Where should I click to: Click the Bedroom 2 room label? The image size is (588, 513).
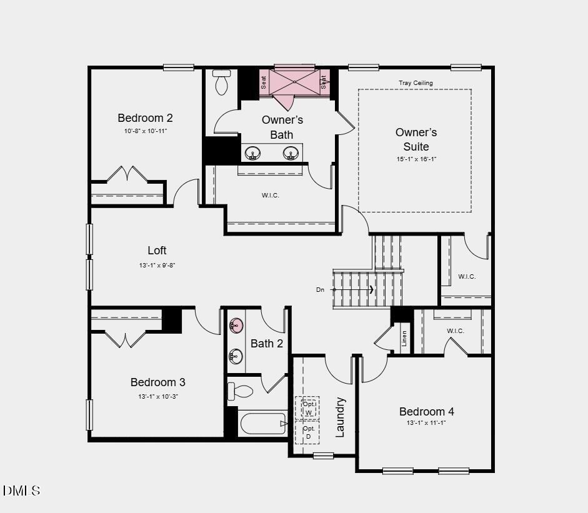coord(145,118)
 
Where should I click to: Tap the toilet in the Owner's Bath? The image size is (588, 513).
coord(222,83)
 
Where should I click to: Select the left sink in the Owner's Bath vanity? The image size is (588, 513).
coord(253,152)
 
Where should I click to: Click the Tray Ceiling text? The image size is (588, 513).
coord(416,83)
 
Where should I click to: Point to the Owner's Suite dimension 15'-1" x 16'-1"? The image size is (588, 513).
coord(416,159)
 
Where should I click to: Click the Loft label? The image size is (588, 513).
coord(157,251)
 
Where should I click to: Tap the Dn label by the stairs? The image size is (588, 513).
coord(321,290)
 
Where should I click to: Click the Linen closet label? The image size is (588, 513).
coord(404,338)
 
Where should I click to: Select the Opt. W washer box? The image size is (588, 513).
coord(308,407)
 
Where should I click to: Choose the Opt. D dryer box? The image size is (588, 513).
coord(308,432)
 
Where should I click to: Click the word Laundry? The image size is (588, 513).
coord(341,417)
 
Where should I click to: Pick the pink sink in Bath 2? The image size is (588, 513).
coord(236,325)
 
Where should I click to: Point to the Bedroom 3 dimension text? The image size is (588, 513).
coord(157,397)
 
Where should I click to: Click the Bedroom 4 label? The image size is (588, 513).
coord(427,412)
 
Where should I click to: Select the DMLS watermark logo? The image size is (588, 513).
coord(22,491)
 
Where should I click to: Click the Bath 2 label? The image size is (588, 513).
coord(267,344)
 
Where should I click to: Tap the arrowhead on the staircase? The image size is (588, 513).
coord(372,289)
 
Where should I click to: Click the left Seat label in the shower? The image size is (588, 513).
coord(264,82)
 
